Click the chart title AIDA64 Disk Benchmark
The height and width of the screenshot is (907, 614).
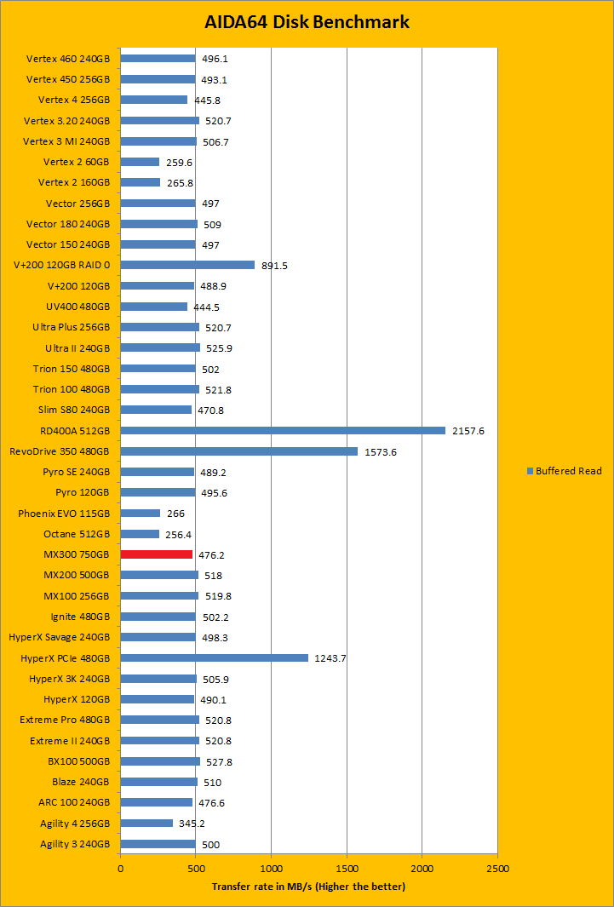[307, 22]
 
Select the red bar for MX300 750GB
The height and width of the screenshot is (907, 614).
[156, 554]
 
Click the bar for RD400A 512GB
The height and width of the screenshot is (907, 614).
[283, 430]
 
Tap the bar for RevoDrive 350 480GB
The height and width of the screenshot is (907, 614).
[238, 451]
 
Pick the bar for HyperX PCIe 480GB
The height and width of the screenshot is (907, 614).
[214, 657]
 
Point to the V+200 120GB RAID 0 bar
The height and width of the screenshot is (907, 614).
[187, 265]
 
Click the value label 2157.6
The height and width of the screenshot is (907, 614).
[468, 431]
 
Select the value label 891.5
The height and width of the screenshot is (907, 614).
[275, 266]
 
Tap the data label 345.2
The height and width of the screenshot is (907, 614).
[192, 824]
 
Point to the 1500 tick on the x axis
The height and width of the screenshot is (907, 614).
[347, 869]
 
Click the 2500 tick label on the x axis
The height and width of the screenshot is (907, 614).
[497, 869]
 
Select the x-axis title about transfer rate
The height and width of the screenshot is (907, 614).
[308, 887]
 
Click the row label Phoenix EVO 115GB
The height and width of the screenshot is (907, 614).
[64, 514]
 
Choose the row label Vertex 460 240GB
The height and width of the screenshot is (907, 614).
[68, 59]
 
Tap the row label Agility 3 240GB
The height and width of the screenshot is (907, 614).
[75, 844]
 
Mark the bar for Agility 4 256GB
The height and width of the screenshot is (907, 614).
[146, 823]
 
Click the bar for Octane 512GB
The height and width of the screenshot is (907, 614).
[140, 534]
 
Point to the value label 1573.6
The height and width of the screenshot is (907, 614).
[380, 452]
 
